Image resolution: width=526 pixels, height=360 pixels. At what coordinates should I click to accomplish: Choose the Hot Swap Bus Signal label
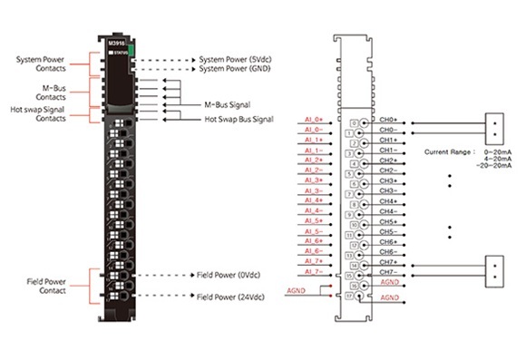click(239, 119)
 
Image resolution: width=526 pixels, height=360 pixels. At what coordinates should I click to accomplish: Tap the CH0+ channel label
click(389, 120)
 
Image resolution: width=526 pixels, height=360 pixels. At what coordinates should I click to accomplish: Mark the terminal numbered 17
click(350, 295)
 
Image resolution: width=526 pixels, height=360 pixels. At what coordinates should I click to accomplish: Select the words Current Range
click(449, 151)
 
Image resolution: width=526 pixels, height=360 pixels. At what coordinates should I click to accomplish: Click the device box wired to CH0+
click(493, 126)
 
